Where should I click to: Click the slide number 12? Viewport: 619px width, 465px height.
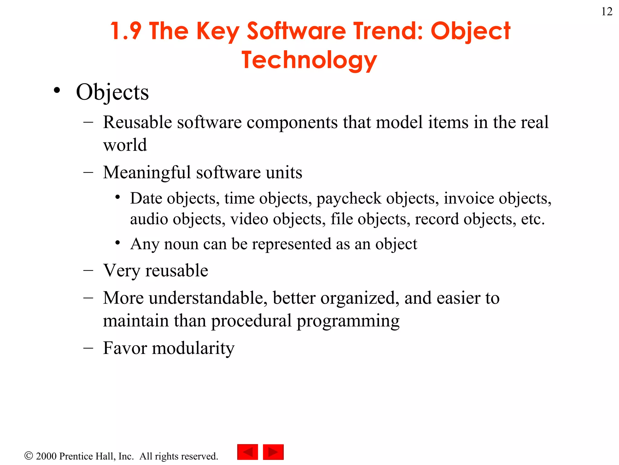[x=607, y=12]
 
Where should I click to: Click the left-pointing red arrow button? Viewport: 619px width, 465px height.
[x=248, y=452]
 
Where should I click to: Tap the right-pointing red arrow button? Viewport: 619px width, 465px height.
[x=273, y=452]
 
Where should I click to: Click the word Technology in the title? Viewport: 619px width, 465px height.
[x=309, y=60]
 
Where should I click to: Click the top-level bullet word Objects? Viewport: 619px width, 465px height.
[x=112, y=92]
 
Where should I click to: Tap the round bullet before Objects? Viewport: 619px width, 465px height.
[x=57, y=91]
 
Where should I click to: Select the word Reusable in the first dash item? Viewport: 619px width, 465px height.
[x=138, y=122]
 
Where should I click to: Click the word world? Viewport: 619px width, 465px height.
[x=125, y=145]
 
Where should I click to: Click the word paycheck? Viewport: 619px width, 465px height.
[x=349, y=199]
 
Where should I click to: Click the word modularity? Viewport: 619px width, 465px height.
[x=193, y=348]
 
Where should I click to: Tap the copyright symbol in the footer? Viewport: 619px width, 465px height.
[x=28, y=456]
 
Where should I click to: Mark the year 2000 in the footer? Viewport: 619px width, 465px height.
[x=46, y=456]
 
